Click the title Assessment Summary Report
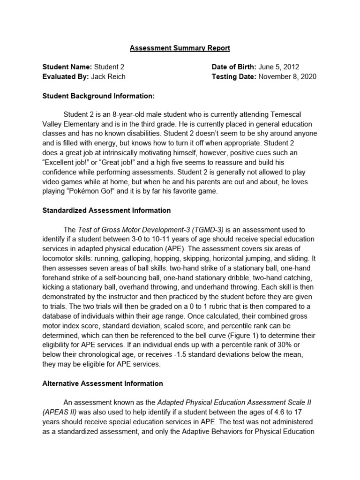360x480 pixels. pyautogui.click(x=180, y=48)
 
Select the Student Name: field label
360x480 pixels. pyautogui.click(x=67, y=67)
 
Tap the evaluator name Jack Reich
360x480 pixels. pyautogui.click(x=108, y=77)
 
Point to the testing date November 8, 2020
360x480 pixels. pyautogui.click(x=287, y=77)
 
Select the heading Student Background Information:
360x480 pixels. pyautogui.click(x=98, y=97)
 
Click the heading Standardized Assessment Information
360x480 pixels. pyautogui.click(x=107, y=210)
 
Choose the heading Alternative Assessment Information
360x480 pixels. pyautogui.click(x=103, y=383)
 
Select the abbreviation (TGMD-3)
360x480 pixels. pyautogui.click(x=204, y=230)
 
